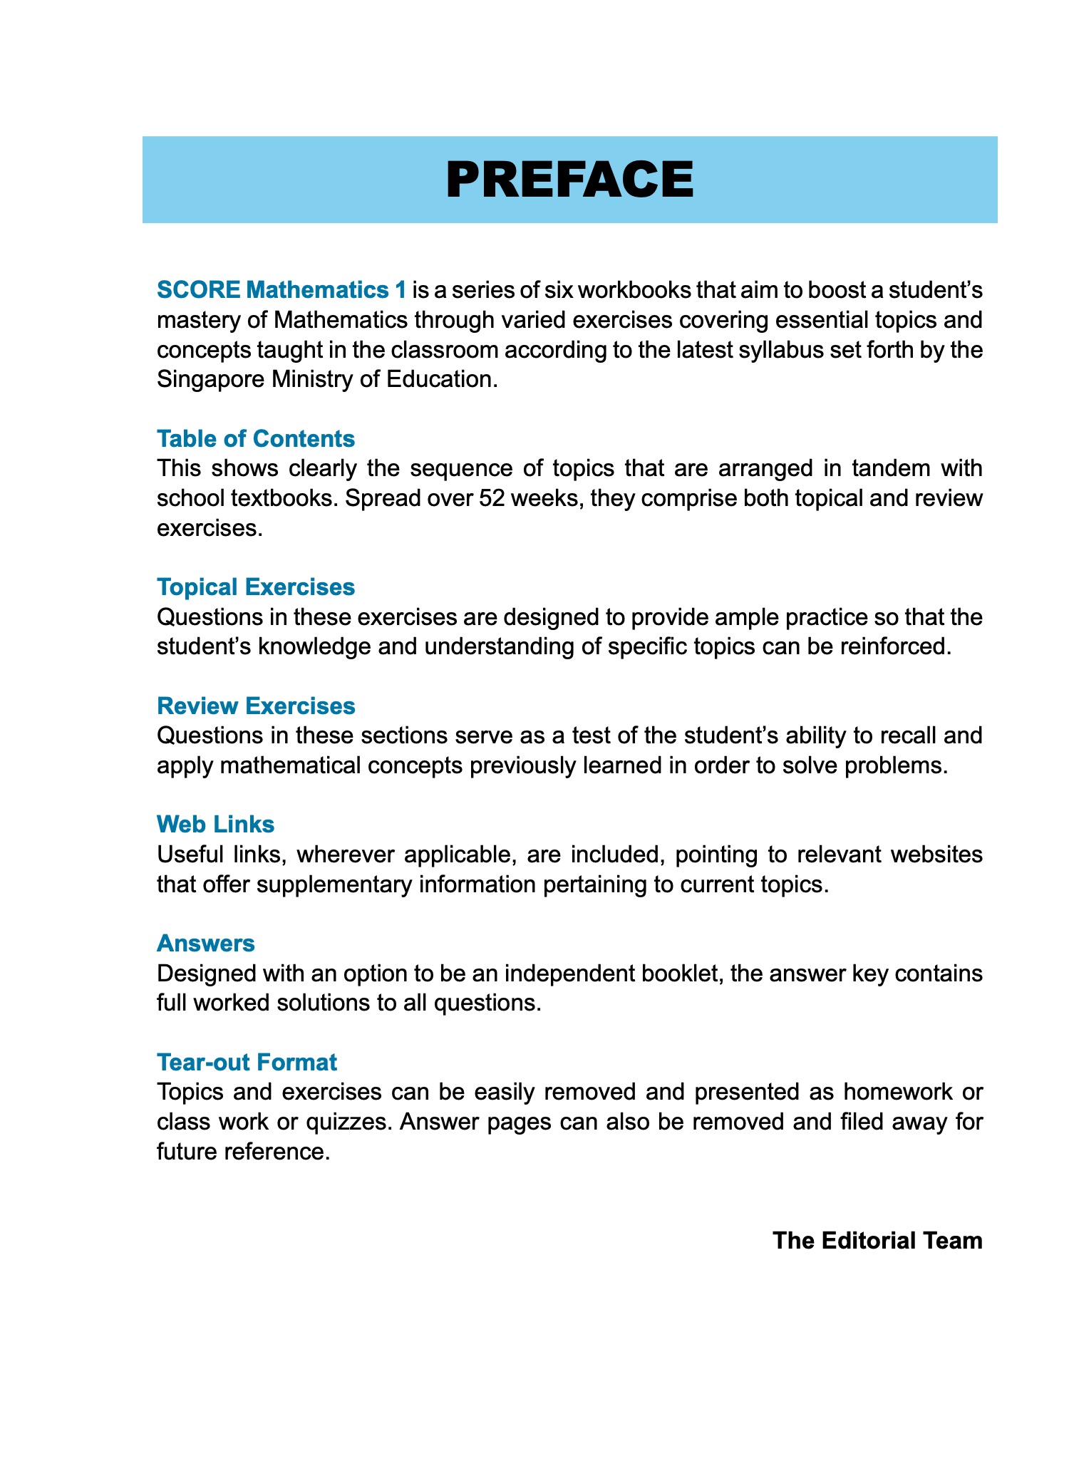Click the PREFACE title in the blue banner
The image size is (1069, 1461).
569,180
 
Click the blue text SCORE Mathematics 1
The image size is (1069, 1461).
282,290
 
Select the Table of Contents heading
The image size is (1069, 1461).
255,438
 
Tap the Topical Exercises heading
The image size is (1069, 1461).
255,587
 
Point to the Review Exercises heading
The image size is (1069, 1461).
255,706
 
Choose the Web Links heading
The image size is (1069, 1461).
215,824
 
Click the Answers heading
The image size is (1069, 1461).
205,943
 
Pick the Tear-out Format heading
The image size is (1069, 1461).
247,1062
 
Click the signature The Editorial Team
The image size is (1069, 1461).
877,1240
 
